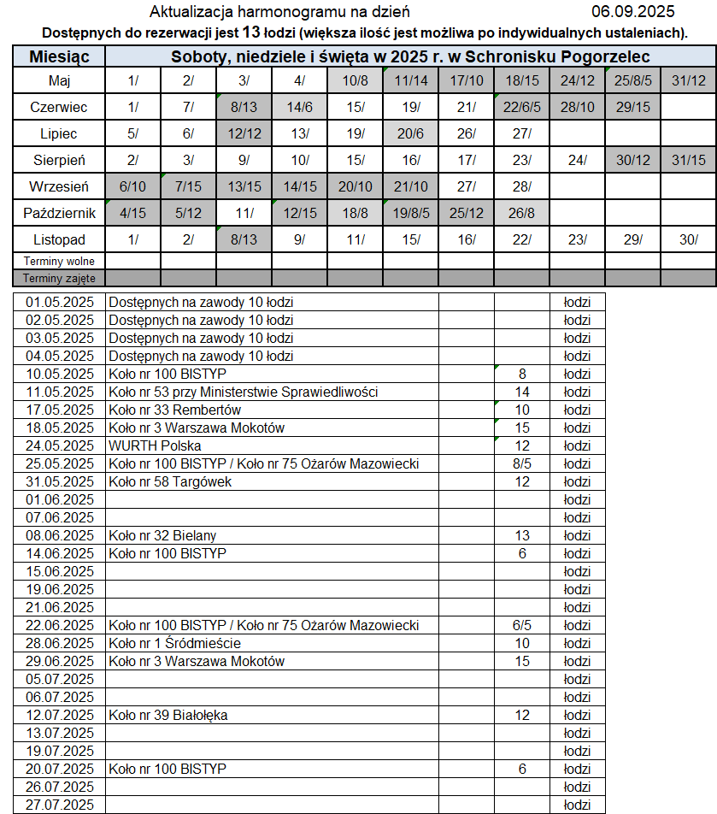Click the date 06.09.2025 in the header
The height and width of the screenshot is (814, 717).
(632, 12)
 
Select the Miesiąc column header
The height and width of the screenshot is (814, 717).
(59, 57)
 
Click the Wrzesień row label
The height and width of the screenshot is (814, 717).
(59, 186)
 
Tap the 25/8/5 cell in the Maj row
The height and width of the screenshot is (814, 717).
(632, 80)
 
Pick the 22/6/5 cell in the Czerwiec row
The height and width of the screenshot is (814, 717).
(521, 107)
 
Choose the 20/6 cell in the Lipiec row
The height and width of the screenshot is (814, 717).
(410, 133)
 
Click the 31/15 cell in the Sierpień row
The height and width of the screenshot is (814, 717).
(689, 160)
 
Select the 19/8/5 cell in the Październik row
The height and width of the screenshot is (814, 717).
(410, 213)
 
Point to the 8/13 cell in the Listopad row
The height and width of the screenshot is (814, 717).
(244, 239)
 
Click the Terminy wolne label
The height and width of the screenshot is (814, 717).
(59, 261)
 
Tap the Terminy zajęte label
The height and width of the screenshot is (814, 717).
(59, 278)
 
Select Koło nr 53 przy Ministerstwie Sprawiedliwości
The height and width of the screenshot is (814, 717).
(244, 392)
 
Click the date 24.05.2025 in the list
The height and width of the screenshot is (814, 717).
(60, 445)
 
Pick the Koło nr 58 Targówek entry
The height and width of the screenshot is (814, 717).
(170, 481)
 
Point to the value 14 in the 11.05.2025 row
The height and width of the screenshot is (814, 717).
(522, 392)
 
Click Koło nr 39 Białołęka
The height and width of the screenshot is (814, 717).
(168, 715)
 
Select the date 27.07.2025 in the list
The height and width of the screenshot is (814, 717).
(60, 805)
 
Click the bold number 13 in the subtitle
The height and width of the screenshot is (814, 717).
(251, 32)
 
